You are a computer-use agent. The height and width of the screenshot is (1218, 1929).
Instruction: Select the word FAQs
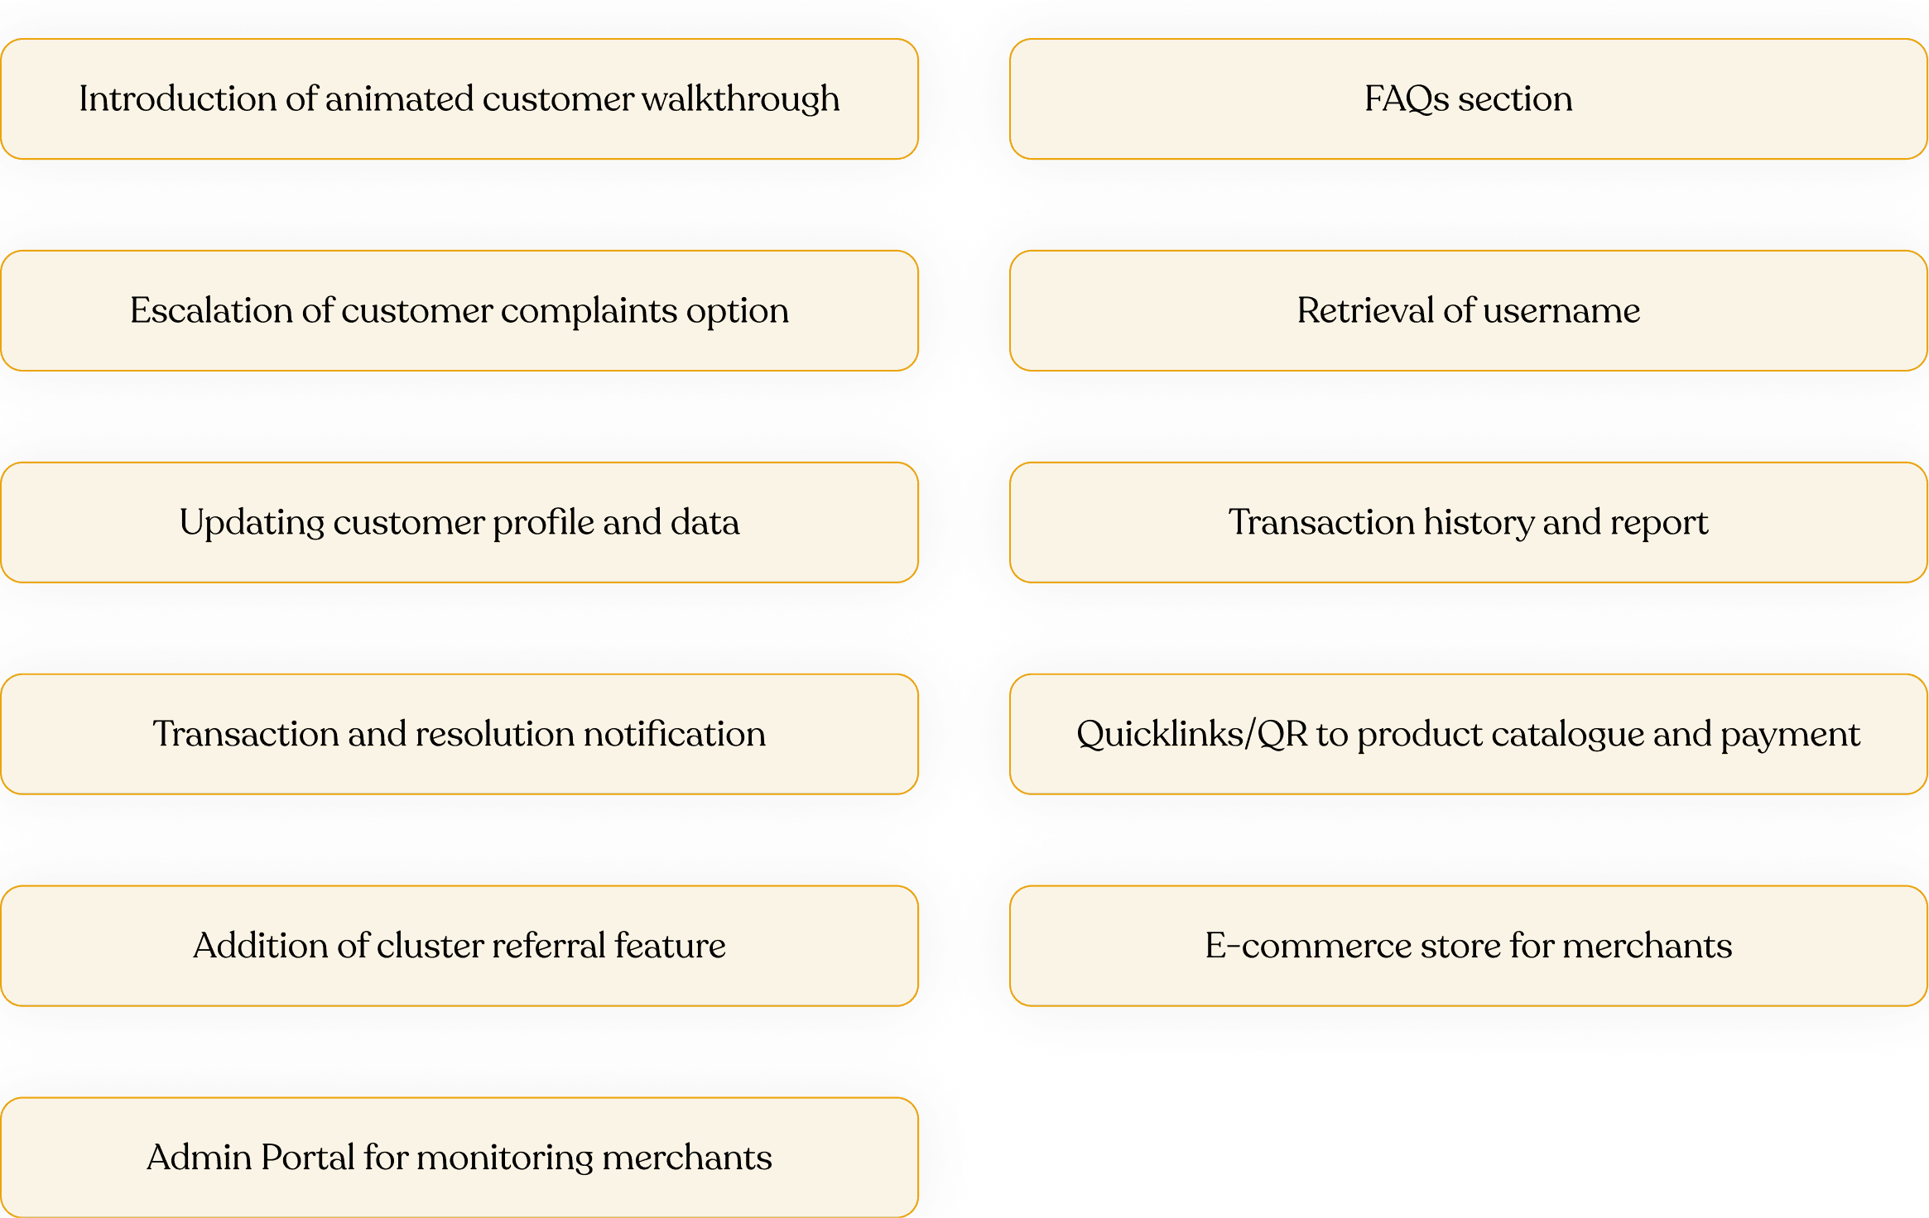click(x=1407, y=99)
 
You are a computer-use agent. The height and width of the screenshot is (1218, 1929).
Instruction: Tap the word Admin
click(x=200, y=1158)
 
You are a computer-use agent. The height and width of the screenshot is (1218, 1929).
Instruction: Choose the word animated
click(x=399, y=99)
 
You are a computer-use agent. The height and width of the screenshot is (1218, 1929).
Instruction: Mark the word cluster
click(x=430, y=946)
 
